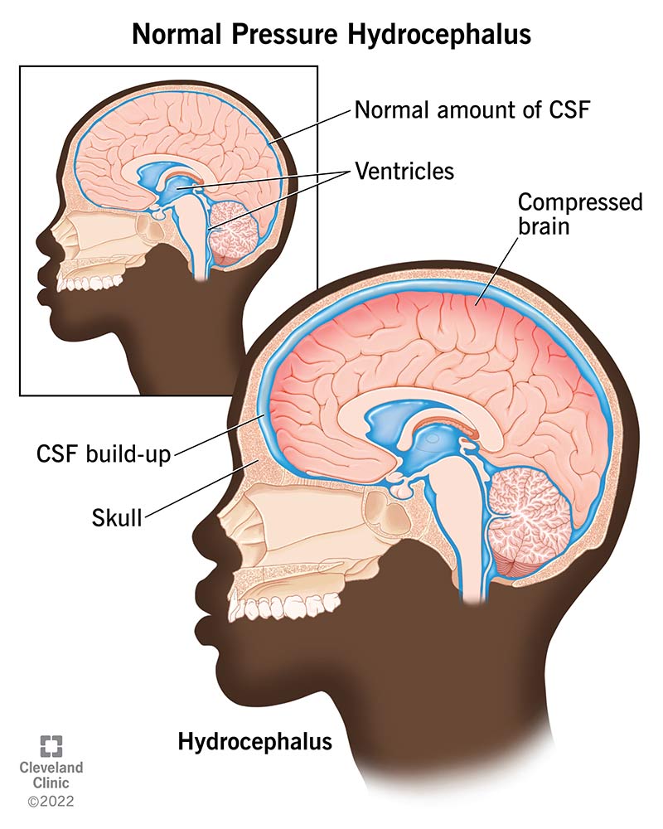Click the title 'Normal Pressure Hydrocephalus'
[x=331, y=35]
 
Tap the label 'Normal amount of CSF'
[x=472, y=109]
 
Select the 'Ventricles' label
[x=404, y=172]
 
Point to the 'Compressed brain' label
[x=580, y=213]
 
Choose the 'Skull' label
[x=118, y=519]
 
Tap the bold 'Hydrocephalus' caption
[x=255, y=740]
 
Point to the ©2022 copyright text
[x=51, y=802]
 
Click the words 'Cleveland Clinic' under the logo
[x=51, y=776]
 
